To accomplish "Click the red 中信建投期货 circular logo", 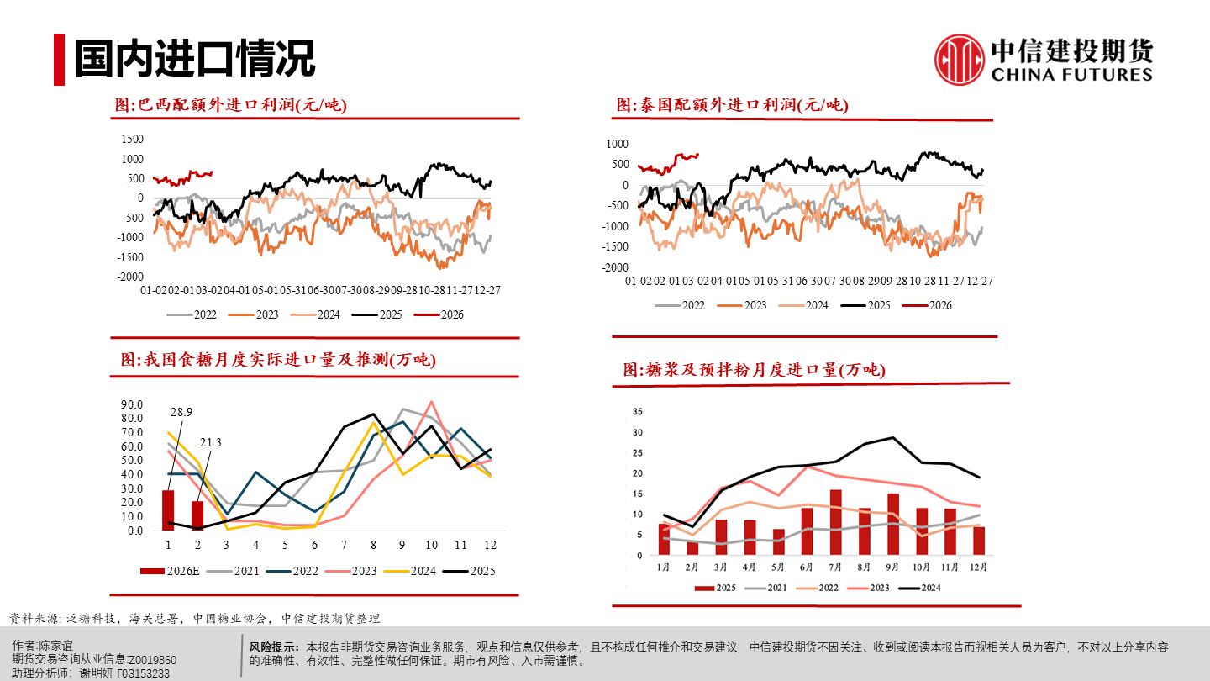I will [960, 60].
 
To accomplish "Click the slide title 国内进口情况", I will [194, 59].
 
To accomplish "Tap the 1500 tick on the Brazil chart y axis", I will [133, 139].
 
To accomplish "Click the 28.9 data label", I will [181, 412].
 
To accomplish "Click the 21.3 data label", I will [210, 442].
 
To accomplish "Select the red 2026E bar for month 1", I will [168, 510].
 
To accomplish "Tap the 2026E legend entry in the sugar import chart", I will [172, 571].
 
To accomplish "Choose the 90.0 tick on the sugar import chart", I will [132, 404].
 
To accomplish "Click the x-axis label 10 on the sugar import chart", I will [432, 546].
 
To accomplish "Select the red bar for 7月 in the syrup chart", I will [835, 522].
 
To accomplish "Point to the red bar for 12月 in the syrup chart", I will [979, 541].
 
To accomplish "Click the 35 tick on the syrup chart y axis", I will [637, 412].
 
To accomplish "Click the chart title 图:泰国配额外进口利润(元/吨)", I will [732, 105].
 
